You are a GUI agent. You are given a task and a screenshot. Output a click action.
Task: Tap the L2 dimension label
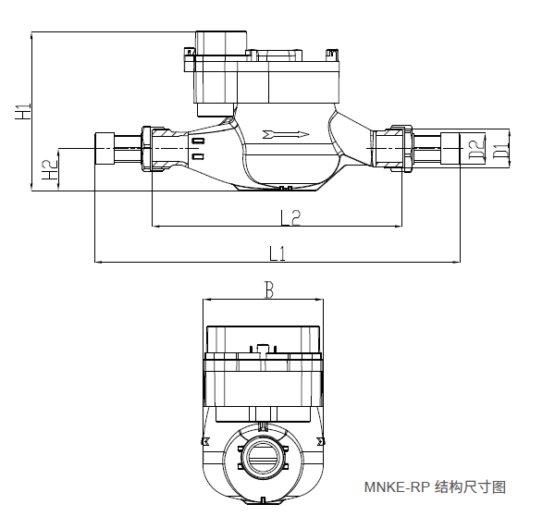290,217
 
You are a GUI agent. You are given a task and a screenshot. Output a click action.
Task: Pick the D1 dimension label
500,148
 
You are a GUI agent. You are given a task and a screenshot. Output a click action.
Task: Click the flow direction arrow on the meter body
286,135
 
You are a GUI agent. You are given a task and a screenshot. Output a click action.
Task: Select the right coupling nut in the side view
401,148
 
